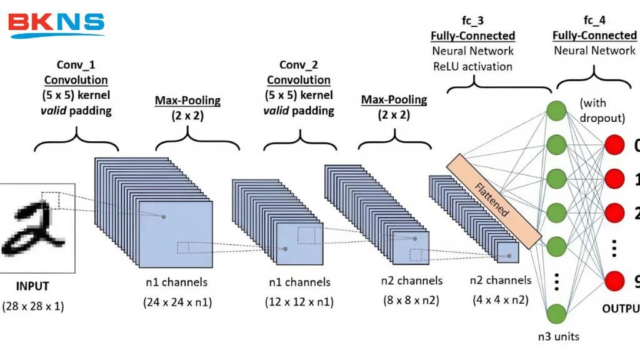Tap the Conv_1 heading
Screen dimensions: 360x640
click(x=76, y=64)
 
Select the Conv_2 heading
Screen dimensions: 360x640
click(x=299, y=64)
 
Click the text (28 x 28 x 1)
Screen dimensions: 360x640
click(x=32, y=307)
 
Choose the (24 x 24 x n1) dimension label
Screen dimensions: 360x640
click(x=177, y=303)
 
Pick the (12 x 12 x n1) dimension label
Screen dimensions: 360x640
click(x=299, y=303)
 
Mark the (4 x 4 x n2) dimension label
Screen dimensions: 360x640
click(x=501, y=301)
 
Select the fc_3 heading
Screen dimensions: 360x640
click(x=472, y=21)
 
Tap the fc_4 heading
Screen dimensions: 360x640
click(x=595, y=21)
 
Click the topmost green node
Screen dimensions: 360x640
click(x=556, y=111)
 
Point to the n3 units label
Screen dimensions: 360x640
click(x=558, y=337)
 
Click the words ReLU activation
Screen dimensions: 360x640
click(x=472, y=66)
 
